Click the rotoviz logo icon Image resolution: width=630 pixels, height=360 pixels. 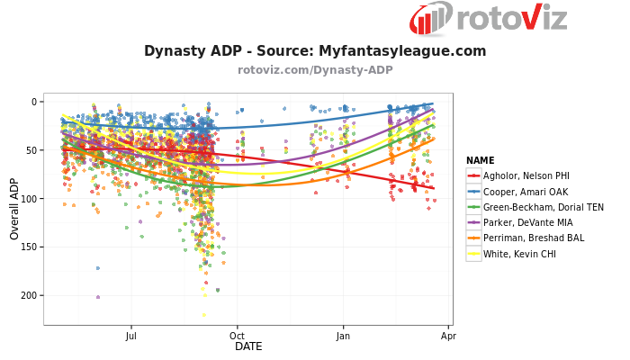431,19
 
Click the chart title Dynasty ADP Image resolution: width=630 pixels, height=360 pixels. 315,51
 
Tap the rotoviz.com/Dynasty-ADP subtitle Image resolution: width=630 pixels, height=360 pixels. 315,69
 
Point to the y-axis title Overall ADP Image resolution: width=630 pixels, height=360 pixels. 14,209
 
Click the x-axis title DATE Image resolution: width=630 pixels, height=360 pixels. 248,346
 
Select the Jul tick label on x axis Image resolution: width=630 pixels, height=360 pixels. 131,336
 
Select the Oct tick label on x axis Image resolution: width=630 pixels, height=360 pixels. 237,336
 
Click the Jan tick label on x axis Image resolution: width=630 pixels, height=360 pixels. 343,336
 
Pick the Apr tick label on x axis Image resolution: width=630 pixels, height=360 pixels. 448,336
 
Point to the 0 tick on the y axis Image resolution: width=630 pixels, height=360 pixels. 34,102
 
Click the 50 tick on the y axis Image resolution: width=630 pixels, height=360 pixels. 31,150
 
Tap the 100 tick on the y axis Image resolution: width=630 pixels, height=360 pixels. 29,199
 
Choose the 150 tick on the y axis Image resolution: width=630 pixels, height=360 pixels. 29,247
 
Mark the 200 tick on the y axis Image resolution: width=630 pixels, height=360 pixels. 29,295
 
